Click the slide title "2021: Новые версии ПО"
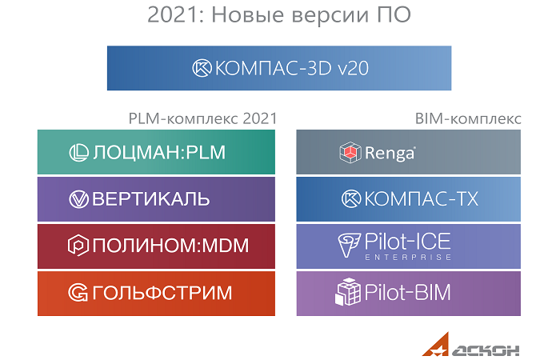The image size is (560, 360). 279,15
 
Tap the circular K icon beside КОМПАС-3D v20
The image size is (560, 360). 202,68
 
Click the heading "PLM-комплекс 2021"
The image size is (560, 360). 202,118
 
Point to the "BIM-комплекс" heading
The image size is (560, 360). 468,118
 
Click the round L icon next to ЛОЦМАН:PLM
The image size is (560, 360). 78,153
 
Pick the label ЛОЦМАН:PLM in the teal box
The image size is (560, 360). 159,153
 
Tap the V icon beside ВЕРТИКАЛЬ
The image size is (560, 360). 78,199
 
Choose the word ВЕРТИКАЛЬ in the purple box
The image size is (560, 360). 150,199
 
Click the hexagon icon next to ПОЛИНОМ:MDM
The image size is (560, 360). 78,246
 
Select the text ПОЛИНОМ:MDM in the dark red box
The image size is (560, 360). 170,246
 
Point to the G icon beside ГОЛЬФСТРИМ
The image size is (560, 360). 78,293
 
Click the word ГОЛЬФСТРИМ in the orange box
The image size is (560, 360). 162,293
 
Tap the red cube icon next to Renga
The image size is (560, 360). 350,153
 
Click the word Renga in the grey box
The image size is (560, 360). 390,154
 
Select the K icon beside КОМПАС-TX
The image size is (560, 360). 351,199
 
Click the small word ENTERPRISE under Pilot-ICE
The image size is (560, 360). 408,257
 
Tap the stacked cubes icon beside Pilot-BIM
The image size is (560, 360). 348,292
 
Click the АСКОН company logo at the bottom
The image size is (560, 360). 470,345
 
